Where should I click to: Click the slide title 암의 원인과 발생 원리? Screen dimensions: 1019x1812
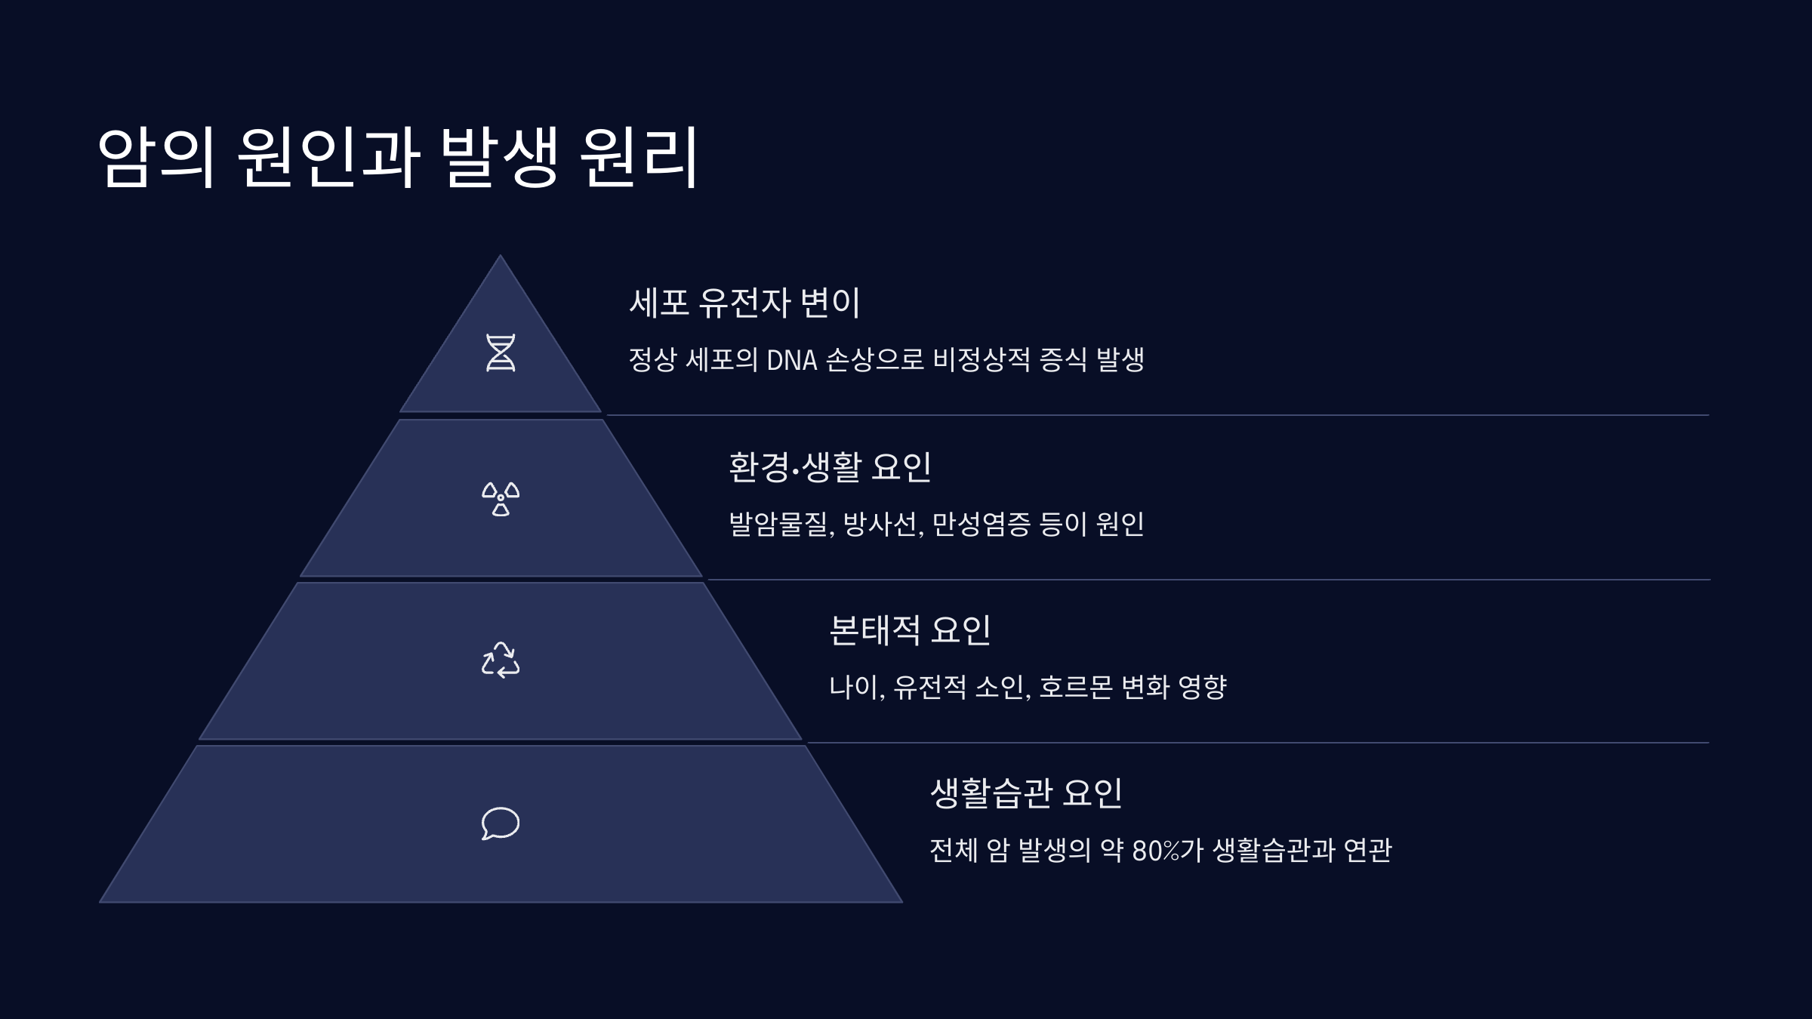click(x=398, y=157)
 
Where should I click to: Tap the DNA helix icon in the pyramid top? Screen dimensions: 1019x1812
click(x=501, y=352)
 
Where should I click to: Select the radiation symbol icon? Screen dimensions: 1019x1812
click(x=501, y=499)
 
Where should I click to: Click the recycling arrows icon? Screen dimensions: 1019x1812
click(x=501, y=660)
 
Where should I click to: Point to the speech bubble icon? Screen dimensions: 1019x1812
click(x=501, y=824)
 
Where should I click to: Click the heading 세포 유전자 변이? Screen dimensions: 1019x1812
click(x=744, y=303)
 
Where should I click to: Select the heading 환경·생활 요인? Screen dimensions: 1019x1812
click(x=830, y=466)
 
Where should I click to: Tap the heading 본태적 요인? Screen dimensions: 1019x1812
click(x=910, y=630)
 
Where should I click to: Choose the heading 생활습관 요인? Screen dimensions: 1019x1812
click(x=1026, y=793)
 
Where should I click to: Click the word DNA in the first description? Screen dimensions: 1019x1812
click(x=792, y=360)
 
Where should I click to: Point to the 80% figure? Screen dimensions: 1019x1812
click(x=1156, y=851)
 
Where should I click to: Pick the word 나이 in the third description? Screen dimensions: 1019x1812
click(x=855, y=687)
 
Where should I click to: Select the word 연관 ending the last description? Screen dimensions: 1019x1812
click(x=1368, y=851)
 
